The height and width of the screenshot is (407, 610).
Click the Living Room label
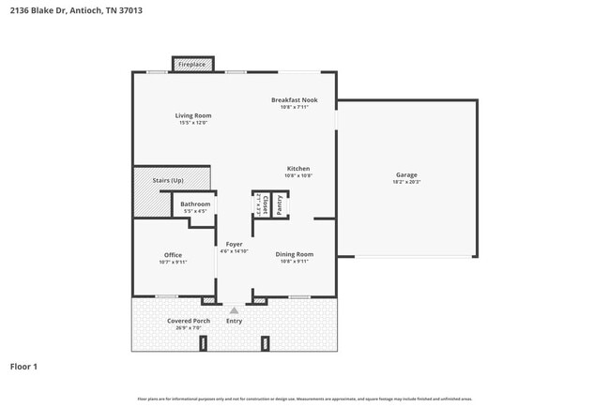tap(193, 115)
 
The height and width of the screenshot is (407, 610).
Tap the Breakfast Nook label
tap(295, 99)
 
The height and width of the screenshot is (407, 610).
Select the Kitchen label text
tap(298, 169)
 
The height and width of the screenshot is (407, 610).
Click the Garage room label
tap(405, 174)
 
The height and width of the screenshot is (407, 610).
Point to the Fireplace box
tap(192, 64)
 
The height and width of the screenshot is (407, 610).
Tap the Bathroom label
tap(195, 203)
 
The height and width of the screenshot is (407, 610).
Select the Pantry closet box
tap(279, 205)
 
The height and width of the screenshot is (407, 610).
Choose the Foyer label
tap(234, 244)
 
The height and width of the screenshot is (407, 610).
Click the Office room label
tap(173, 255)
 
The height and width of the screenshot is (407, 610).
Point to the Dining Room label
tap(295, 254)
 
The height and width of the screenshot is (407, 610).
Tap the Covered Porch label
tap(189, 321)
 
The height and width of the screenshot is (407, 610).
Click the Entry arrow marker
tap(234, 309)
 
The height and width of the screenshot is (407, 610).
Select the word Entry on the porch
tap(234, 321)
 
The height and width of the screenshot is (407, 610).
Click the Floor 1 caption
tap(23, 367)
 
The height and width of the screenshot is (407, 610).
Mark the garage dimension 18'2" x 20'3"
tap(405, 181)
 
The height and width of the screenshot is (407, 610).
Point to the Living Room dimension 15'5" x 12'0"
tap(193, 123)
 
